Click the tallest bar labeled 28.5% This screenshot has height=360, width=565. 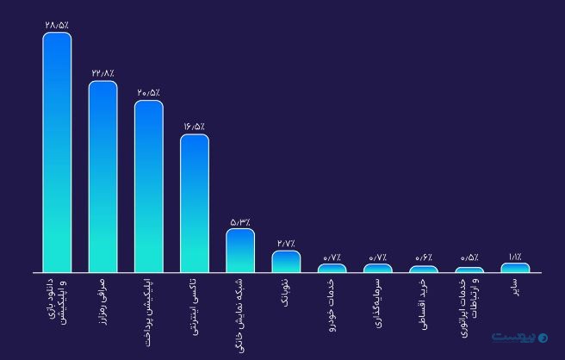[57, 152]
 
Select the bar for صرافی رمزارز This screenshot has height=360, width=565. [102, 177]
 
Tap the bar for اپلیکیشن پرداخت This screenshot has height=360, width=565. [148, 186]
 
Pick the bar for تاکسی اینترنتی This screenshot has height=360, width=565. [194, 203]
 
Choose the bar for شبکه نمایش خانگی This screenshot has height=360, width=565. [240, 251]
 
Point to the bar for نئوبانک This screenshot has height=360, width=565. [286, 261]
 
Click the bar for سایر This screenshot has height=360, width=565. [515, 267]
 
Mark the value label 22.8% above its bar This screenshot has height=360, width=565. [102, 73]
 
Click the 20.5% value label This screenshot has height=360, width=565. [148, 92]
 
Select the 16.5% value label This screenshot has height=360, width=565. [194, 126]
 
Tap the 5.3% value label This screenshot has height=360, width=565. [240, 221]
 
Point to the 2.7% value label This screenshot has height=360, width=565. [286, 243]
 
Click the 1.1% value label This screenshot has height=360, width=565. [515, 256]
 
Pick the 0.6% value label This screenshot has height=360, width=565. [424, 257]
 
